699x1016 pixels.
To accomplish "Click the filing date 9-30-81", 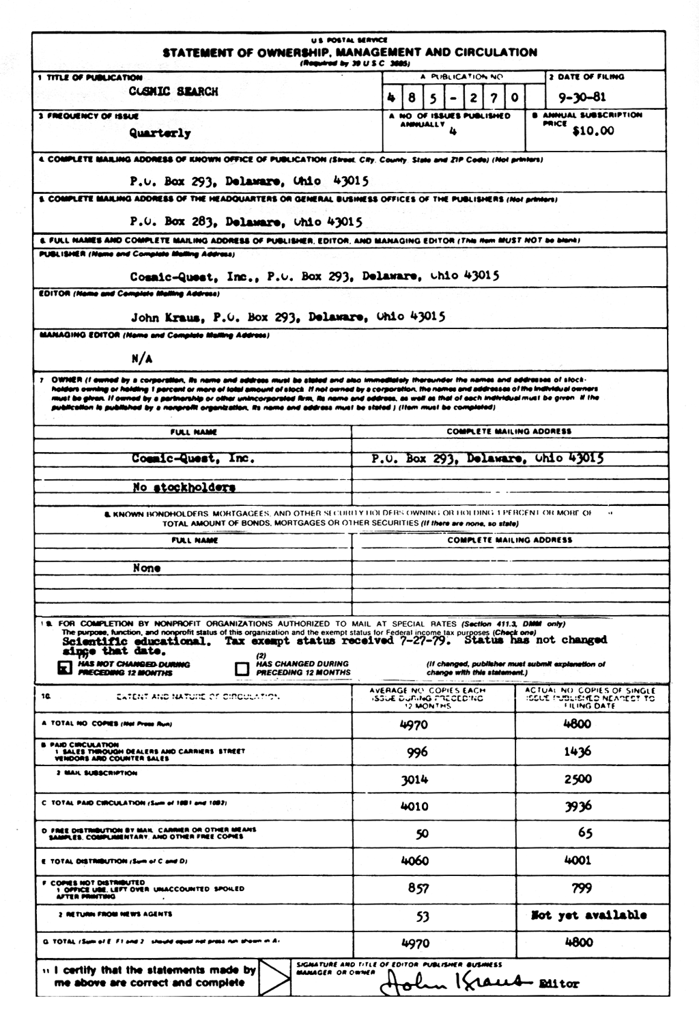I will (582, 97).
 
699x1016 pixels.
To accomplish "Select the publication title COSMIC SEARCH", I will (173, 91).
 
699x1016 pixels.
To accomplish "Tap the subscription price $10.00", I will (593, 131).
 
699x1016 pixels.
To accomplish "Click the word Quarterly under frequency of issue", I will (160, 133).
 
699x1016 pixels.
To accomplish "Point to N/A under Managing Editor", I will (142, 358).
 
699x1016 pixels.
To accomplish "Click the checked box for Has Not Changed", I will (66, 668).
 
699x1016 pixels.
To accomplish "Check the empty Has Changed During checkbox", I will (242, 668).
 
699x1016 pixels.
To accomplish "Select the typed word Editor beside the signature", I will (559, 984).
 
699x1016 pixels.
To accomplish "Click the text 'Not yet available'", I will (588, 915).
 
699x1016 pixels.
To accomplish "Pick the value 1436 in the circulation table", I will (577, 752).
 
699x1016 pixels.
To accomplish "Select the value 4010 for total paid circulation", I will (414, 806).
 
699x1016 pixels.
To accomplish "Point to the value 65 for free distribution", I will (585, 833).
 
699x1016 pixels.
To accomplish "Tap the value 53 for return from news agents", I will (423, 916).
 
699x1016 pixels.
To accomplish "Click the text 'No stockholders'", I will (184, 487).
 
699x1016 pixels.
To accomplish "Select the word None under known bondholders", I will (147, 568).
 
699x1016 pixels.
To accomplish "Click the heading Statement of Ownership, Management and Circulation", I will (349, 53).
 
